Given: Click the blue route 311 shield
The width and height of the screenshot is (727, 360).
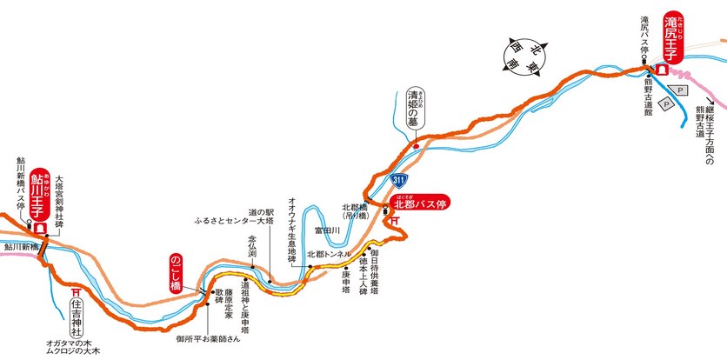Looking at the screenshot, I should coord(399,180).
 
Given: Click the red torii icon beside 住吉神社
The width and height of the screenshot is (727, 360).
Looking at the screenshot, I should coord(77,293).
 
